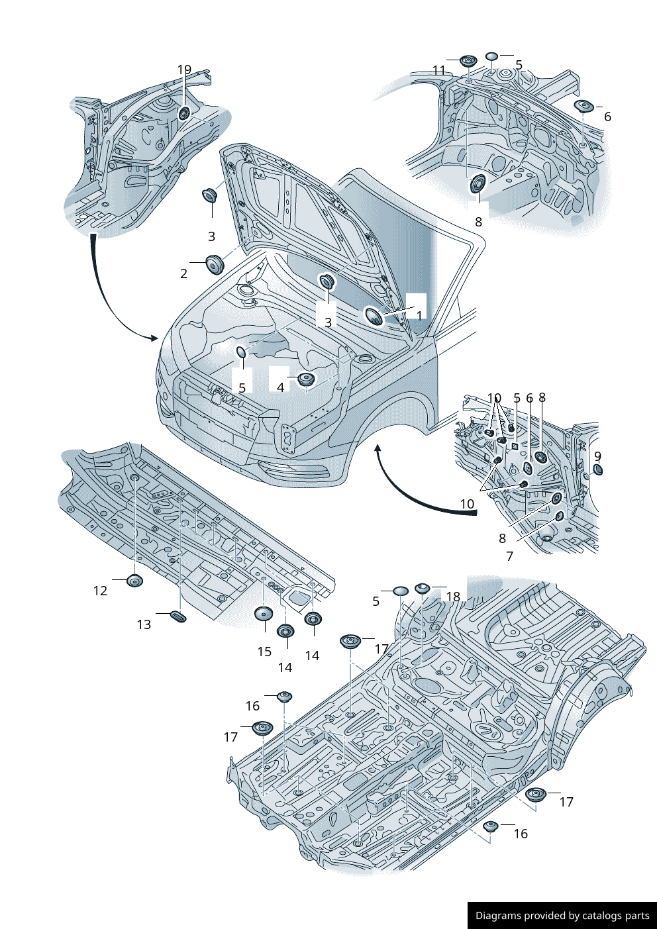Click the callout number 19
[x=184, y=70]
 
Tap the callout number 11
[x=439, y=70]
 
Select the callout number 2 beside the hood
[x=184, y=273]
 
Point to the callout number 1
[x=419, y=315]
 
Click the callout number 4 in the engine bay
[x=281, y=387]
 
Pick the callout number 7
[x=509, y=556]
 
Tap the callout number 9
[x=597, y=456]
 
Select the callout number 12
[x=100, y=591]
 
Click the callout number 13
[x=144, y=624]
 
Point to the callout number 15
[x=264, y=652]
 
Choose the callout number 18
[x=453, y=597]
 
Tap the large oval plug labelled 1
[x=374, y=317]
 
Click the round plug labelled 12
[x=134, y=582]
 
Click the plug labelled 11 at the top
[x=468, y=62]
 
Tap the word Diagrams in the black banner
[x=498, y=916]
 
